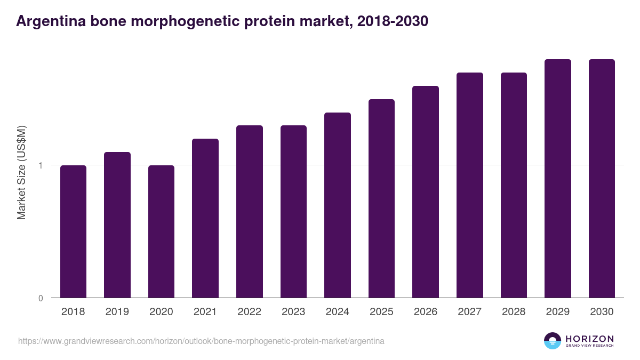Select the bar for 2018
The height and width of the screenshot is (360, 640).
coord(73,231)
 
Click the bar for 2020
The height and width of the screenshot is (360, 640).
coord(161,231)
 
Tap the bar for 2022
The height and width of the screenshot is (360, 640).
coord(249,212)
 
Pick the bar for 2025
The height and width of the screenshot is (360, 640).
coord(381,198)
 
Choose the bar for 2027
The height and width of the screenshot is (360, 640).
coord(469,185)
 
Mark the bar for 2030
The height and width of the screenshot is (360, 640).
coord(602,179)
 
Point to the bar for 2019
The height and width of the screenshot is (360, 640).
coord(117,225)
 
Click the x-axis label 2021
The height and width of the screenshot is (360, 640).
coord(205,312)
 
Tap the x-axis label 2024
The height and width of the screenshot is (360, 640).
coord(337,312)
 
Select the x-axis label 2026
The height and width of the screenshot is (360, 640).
coord(426,312)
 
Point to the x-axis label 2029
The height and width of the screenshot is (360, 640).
coord(557,312)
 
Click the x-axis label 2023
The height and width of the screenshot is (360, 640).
coord(293,312)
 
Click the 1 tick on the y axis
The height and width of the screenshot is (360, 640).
coord(41,165)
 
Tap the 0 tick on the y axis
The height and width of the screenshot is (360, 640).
coord(41,298)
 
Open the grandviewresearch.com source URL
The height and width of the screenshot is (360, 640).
coord(201,341)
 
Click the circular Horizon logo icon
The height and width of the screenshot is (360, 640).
coord(552,341)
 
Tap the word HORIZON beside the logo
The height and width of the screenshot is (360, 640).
coord(589,338)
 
